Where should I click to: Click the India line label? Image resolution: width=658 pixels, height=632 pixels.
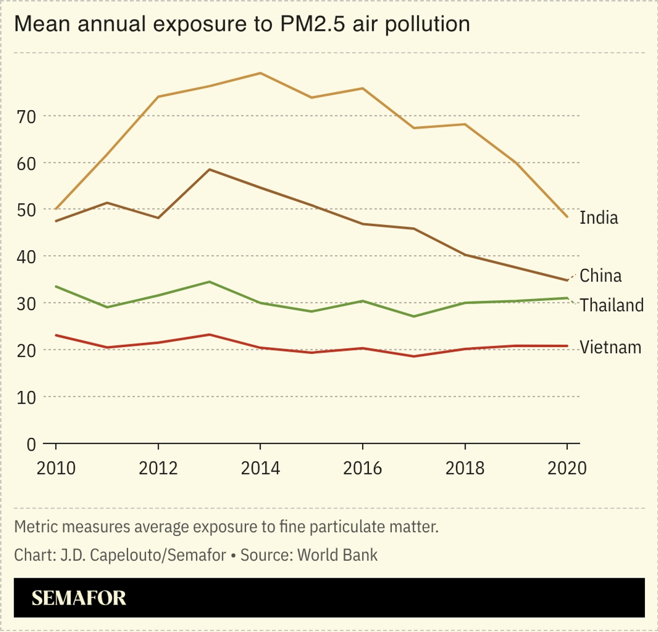coord(599,218)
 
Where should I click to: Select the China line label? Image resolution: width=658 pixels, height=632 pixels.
coord(600,276)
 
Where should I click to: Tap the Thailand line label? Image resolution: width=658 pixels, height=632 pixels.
coord(612,305)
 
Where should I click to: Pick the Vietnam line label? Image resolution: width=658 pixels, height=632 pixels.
coord(610,347)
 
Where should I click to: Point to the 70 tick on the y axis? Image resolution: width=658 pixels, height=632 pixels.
coord(26,116)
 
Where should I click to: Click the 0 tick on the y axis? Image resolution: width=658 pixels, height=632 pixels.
coord(31,444)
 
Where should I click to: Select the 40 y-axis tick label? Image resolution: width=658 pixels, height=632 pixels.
coord(26,257)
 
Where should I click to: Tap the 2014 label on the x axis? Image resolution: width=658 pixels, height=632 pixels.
coord(260,469)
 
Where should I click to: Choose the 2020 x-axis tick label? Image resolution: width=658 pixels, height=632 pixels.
coord(567,469)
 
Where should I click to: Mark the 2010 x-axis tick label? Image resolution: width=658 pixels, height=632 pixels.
coord(56,469)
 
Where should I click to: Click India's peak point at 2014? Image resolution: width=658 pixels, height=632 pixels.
coord(260,73)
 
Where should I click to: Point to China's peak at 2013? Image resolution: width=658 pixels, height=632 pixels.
coord(210,170)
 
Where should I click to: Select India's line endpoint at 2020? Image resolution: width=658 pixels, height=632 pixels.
coord(567,217)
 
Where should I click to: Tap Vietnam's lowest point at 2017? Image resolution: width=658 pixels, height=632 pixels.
coord(414,356)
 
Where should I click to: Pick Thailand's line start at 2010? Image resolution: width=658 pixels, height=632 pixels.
coord(56,287)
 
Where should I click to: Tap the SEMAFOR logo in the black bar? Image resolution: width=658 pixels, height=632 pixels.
coord(79,598)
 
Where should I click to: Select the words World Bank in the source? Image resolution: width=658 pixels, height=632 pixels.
coord(338,555)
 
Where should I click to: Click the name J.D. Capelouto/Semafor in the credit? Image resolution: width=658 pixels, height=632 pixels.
coord(143,555)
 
